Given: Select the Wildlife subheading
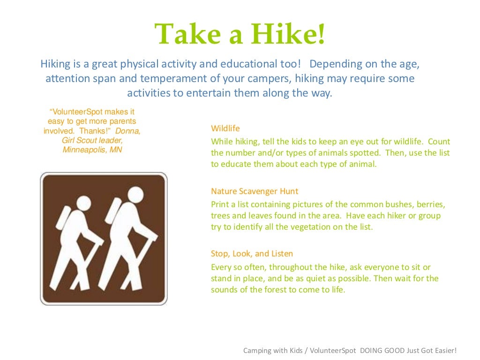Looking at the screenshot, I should point(225,128).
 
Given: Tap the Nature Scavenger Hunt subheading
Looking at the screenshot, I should point(255,191).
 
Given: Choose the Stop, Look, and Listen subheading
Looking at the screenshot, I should point(252,254).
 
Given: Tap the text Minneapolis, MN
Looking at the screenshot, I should point(92,150).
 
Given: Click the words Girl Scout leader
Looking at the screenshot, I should point(92,141).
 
